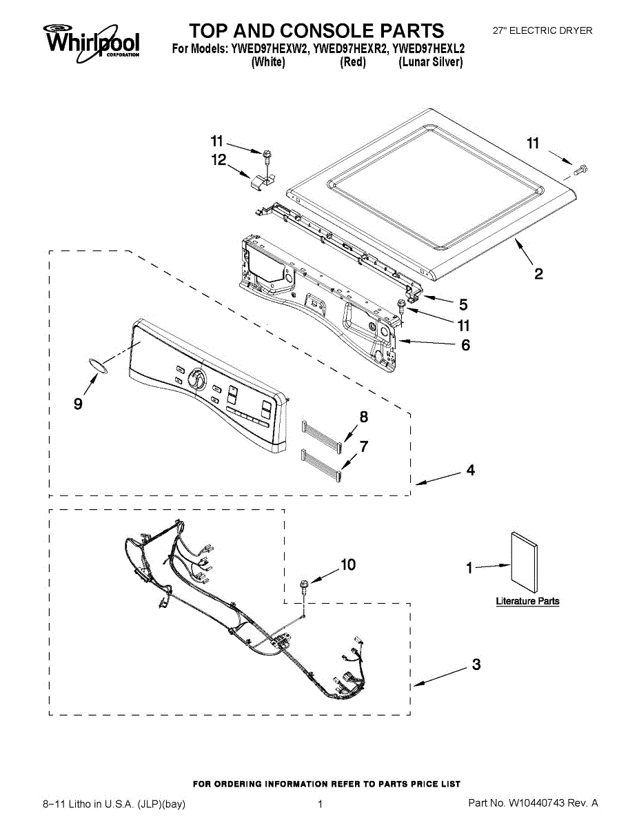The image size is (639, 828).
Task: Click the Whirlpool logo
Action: (x=92, y=39)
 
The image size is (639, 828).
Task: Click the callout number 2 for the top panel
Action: (x=538, y=274)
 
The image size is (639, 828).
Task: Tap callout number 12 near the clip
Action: (x=219, y=160)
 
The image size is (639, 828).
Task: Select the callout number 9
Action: (x=78, y=404)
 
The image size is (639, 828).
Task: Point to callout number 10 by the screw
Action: (x=348, y=565)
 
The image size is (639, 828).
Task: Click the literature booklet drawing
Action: (x=524, y=562)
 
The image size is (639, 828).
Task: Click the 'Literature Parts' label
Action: (x=527, y=601)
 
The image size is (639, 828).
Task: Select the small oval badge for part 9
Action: (x=98, y=365)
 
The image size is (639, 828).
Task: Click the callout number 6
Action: (x=465, y=345)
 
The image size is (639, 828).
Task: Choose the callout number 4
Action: (x=470, y=471)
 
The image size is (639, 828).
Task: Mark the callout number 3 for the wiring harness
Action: (x=476, y=665)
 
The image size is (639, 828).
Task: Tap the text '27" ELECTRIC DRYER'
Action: (x=542, y=30)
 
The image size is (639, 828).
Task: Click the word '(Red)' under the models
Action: (x=353, y=62)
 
